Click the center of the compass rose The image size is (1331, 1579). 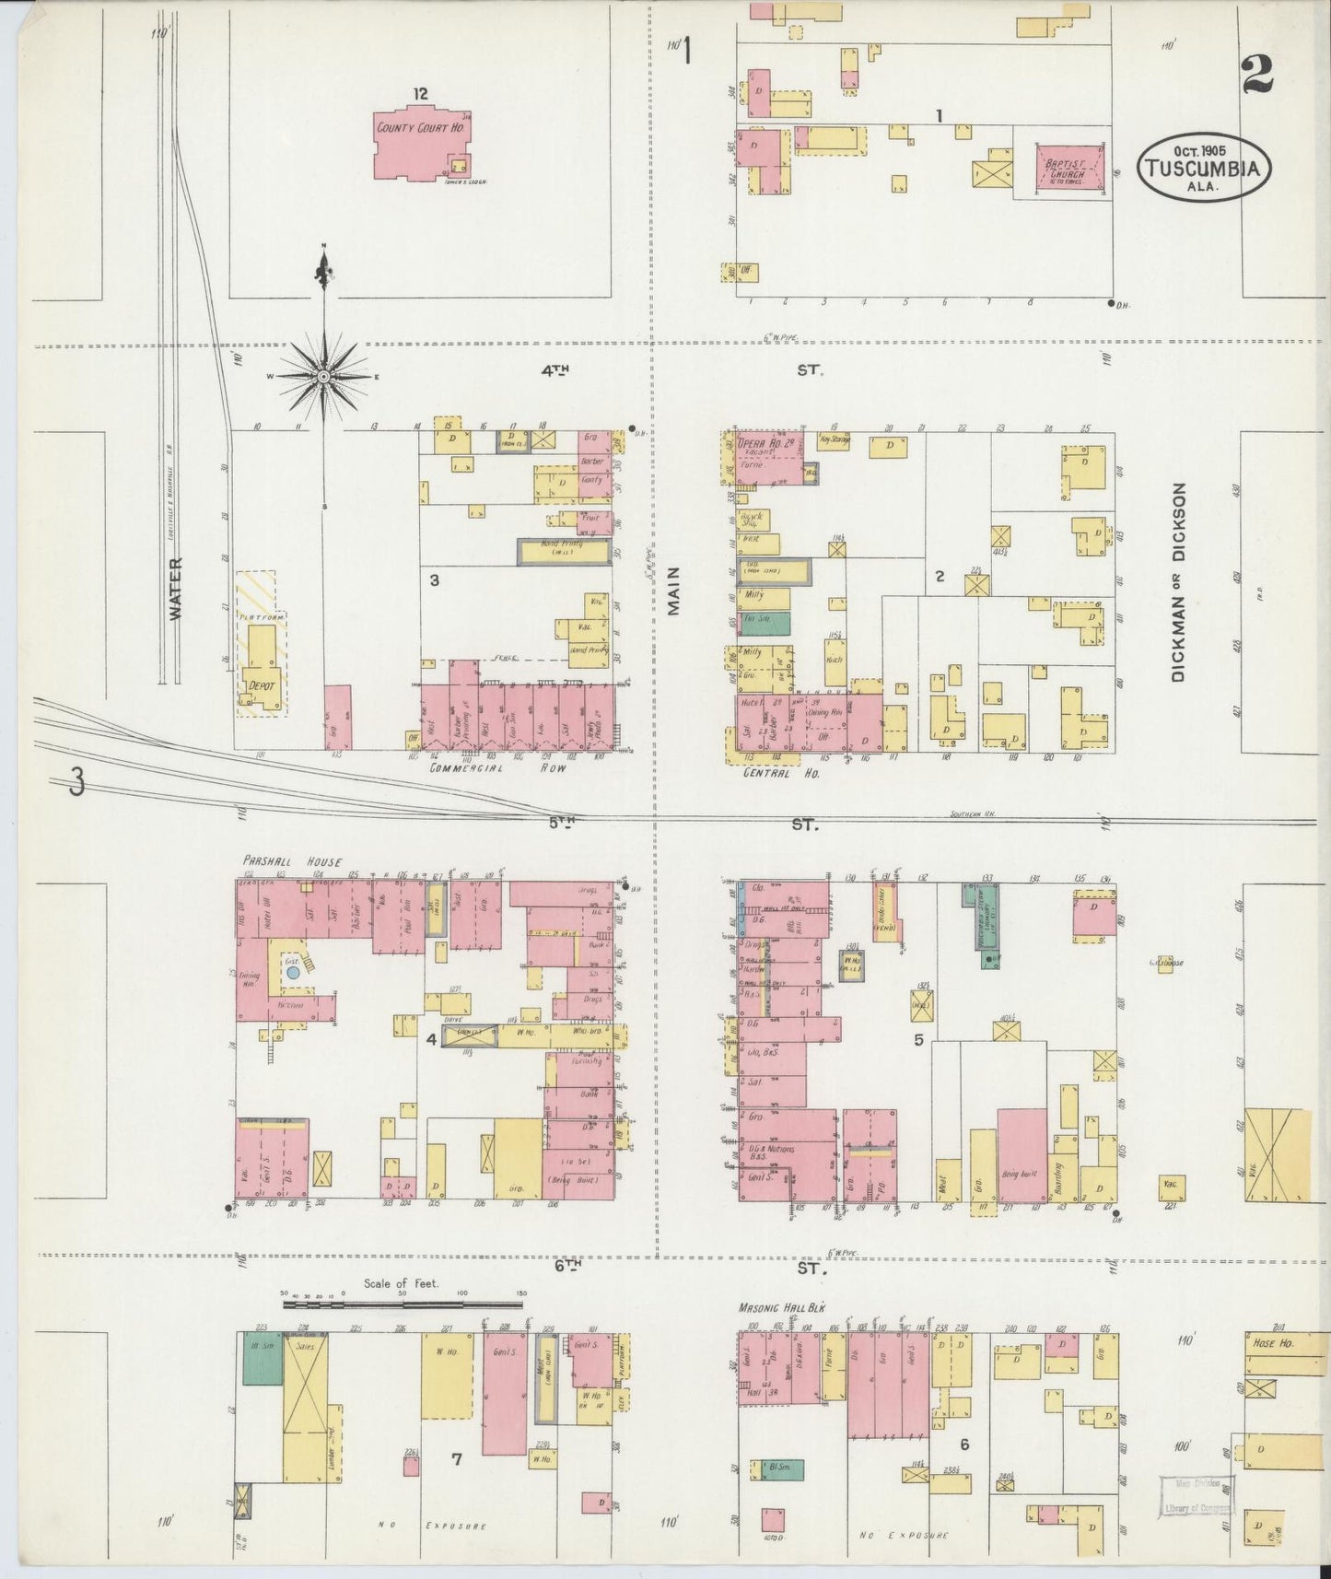tap(324, 377)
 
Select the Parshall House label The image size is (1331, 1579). tap(292, 862)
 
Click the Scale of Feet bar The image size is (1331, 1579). tap(403, 1304)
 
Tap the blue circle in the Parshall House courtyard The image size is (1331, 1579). tap(293, 971)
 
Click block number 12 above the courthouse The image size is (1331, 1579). tap(421, 93)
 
